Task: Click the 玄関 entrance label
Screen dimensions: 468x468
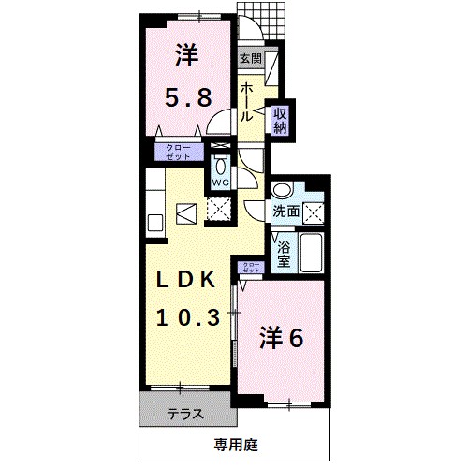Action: (250, 58)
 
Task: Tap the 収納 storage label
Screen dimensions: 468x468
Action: (279, 119)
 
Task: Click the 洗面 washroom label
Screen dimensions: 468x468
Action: (286, 212)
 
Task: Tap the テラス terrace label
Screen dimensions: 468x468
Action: (187, 412)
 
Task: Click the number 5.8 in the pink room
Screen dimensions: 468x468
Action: (187, 95)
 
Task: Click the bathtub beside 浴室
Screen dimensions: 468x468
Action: (312, 252)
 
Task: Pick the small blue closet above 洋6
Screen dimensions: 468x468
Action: (252, 269)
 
